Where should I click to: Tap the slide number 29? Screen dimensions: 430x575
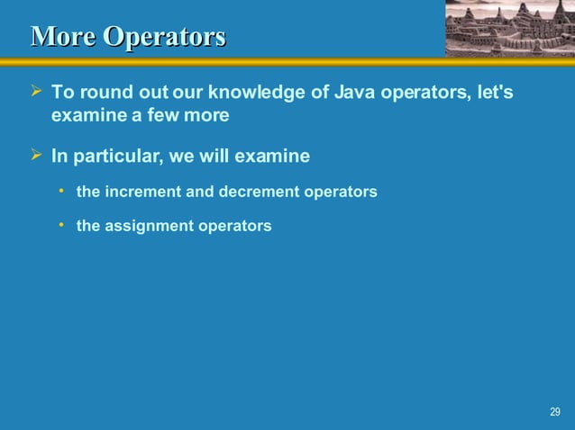[554, 412]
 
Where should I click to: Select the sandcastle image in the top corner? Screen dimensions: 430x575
[509, 28]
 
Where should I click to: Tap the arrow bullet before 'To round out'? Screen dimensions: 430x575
[37, 93]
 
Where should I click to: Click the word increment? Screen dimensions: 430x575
[142, 192]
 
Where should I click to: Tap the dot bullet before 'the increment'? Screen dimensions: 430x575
[62, 191]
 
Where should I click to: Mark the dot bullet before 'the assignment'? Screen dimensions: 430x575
[62, 225]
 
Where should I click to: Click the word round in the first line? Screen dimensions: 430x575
[102, 93]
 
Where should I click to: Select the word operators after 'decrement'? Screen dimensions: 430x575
[340, 192]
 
